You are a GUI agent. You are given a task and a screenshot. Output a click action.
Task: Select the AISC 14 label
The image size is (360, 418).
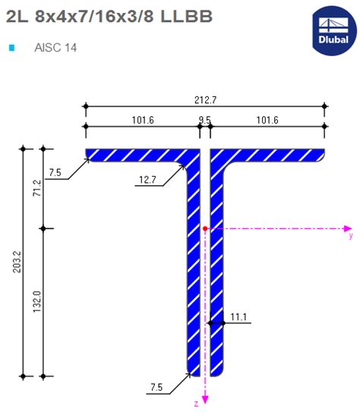55,48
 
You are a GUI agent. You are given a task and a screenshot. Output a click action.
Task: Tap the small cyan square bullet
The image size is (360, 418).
11,48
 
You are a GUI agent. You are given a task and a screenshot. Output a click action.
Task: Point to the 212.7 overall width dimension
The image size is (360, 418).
205,99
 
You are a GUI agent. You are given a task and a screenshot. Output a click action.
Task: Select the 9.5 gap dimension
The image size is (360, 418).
205,119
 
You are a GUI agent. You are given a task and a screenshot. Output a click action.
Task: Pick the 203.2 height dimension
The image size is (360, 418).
16,262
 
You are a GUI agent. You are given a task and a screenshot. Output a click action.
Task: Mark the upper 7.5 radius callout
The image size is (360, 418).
55,173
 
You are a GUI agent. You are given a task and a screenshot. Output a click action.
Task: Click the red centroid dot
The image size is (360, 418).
205,228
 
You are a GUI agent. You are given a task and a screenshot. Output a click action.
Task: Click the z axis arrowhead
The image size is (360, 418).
205,399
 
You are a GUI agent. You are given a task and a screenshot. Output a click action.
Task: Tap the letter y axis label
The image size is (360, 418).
350,237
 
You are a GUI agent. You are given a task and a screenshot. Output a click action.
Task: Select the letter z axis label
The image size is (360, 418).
196,404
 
